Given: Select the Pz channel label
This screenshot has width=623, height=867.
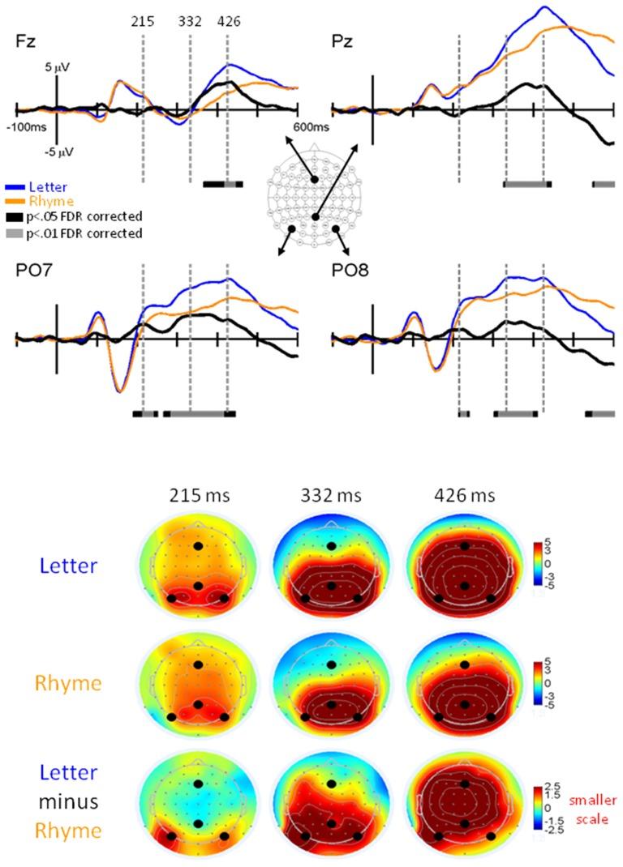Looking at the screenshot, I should coord(342,40).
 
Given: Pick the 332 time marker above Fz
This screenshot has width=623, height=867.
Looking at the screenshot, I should coord(191,22).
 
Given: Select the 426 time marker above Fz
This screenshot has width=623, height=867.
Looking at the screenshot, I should coord(229,22).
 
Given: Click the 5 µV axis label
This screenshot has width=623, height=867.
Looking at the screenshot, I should coord(57,70).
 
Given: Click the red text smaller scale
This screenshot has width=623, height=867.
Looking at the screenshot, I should coord(589,801).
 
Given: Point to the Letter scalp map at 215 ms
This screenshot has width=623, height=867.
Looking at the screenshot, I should coord(198,566).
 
